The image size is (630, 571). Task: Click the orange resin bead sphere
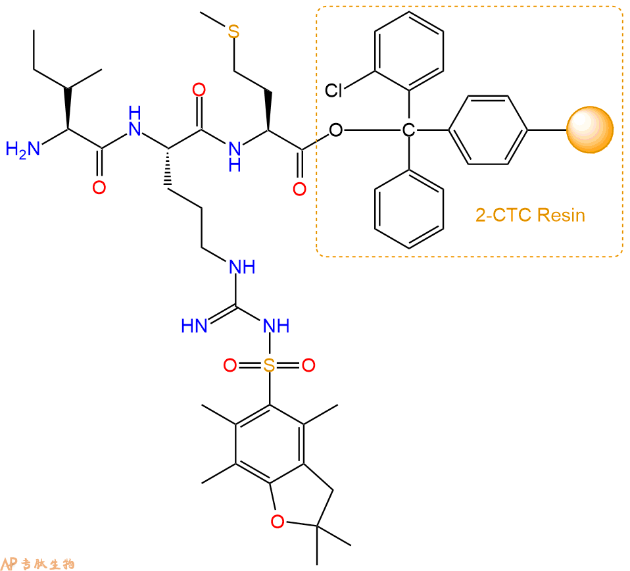tap(590, 130)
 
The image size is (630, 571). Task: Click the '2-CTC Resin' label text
tap(530, 215)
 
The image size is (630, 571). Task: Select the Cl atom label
tap(334, 90)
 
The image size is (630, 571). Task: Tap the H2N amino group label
tap(22, 149)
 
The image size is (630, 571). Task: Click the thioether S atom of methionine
tap(233, 32)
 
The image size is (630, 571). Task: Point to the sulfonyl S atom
tap(269, 365)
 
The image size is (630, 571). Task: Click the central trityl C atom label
tap(408, 130)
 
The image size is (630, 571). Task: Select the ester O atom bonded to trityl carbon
tap(336, 130)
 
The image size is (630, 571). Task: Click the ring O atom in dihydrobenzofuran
tap(278, 521)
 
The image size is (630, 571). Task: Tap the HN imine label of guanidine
tap(194, 326)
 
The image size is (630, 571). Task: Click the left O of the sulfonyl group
tap(230, 365)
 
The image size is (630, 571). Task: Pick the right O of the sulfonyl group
tap(308, 365)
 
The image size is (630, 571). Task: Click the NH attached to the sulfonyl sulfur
tap(276, 326)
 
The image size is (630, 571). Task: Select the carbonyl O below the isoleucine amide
tap(99, 187)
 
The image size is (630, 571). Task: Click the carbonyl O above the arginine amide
tap(199, 89)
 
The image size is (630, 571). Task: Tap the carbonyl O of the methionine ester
tap(299, 189)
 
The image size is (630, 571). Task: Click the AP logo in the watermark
tap(9, 563)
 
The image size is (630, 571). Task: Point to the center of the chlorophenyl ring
tap(409, 51)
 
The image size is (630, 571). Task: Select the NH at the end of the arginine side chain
tap(242, 267)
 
